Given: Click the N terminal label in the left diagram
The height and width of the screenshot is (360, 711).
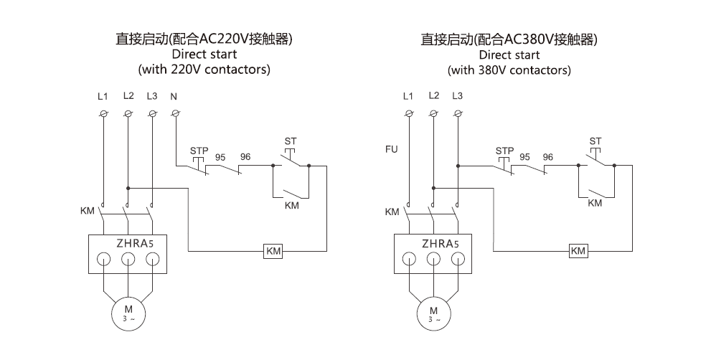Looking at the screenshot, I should click(x=174, y=96).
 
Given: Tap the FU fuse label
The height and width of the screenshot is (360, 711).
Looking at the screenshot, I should click(x=391, y=150).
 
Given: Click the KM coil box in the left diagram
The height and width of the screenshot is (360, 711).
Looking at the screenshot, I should click(x=274, y=251).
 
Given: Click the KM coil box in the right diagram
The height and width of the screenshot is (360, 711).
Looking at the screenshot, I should click(x=578, y=251).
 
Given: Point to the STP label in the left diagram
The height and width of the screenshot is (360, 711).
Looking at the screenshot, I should click(x=199, y=151).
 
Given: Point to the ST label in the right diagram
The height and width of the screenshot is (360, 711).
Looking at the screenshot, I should click(x=595, y=141).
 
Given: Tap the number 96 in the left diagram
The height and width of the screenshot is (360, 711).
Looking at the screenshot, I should click(x=245, y=156).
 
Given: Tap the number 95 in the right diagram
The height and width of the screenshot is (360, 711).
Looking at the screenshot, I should click(x=525, y=156).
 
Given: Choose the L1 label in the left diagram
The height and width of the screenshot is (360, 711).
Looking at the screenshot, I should click(x=103, y=96).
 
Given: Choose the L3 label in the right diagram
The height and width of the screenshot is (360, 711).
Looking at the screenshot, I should click(x=458, y=96).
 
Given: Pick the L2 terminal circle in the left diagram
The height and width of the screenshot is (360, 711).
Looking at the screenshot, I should click(x=128, y=113).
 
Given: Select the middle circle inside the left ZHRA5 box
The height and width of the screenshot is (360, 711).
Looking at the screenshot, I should click(x=128, y=260).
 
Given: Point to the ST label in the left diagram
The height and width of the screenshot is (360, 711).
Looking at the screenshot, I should click(x=290, y=141).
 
